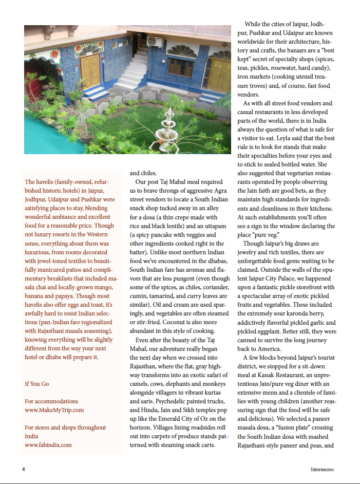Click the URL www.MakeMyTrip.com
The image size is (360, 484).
(x=54, y=410)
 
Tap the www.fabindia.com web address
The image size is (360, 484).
(x=48, y=445)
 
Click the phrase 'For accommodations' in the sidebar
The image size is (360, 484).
(x=51, y=401)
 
